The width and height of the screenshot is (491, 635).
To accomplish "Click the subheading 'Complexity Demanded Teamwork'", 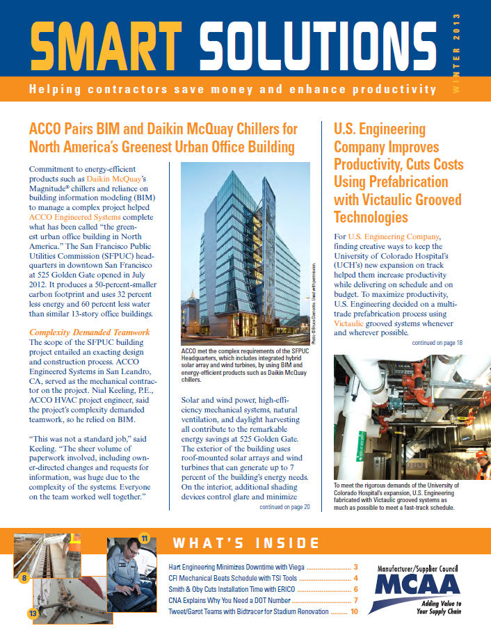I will (89, 332).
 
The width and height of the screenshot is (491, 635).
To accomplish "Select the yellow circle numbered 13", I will (32, 613).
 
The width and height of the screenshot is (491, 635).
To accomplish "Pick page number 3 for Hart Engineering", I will (355, 567).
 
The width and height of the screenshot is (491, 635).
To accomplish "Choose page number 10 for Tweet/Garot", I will (353, 612).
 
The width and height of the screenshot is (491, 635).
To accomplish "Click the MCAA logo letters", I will (417, 584).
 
